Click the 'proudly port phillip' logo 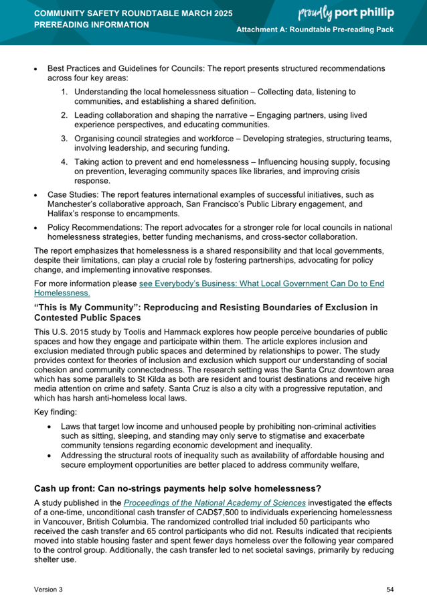pos(355,13)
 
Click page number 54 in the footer pos(390,589)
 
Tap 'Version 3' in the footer pos(49,589)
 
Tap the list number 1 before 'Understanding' pos(64,91)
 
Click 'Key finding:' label pos(55,412)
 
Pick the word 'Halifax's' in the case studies pos(66,213)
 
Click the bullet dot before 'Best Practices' pos(37,69)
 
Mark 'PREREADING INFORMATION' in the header pos(92,25)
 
